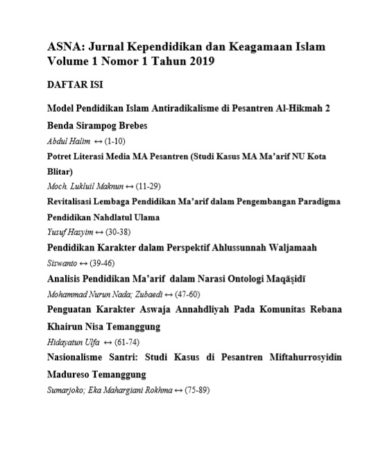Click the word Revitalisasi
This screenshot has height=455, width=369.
[74, 201]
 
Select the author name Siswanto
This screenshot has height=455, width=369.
[62, 261]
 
